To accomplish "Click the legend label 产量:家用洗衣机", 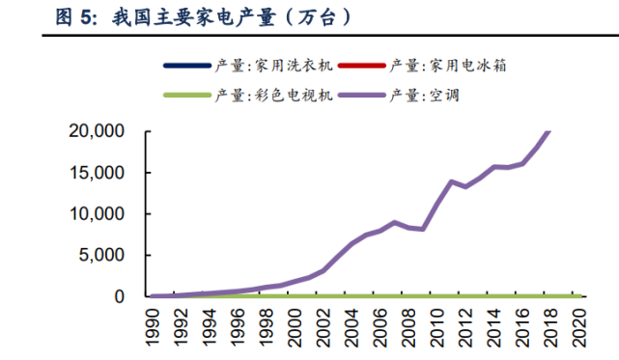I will pyautogui.click(x=274, y=66).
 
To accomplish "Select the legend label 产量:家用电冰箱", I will pyautogui.click(x=448, y=66).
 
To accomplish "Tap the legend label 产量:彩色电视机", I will pyautogui.click(x=274, y=96).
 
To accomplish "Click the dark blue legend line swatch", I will pyautogui.click(x=187, y=66).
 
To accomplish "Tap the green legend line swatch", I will pyautogui.click(x=187, y=96).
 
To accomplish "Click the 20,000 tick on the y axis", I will pyautogui.click(x=95, y=131).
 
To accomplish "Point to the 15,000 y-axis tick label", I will pyautogui.click(x=95, y=173).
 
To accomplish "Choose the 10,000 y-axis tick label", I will pyautogui.click(x=95, y=214).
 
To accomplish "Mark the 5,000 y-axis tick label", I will pyautogui.click(x=99, y=256).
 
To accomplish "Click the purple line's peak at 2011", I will pyautogui.click(x=451, y=181).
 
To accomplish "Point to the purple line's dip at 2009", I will pyautogui.click(x=423, y=229).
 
